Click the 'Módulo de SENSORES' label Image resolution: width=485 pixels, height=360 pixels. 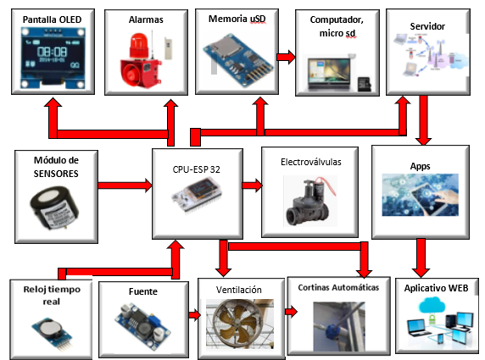coord(55,166)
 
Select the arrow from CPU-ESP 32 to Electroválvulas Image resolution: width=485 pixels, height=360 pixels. coord(251,184)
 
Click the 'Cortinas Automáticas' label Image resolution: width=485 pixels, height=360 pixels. coord(339,288)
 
